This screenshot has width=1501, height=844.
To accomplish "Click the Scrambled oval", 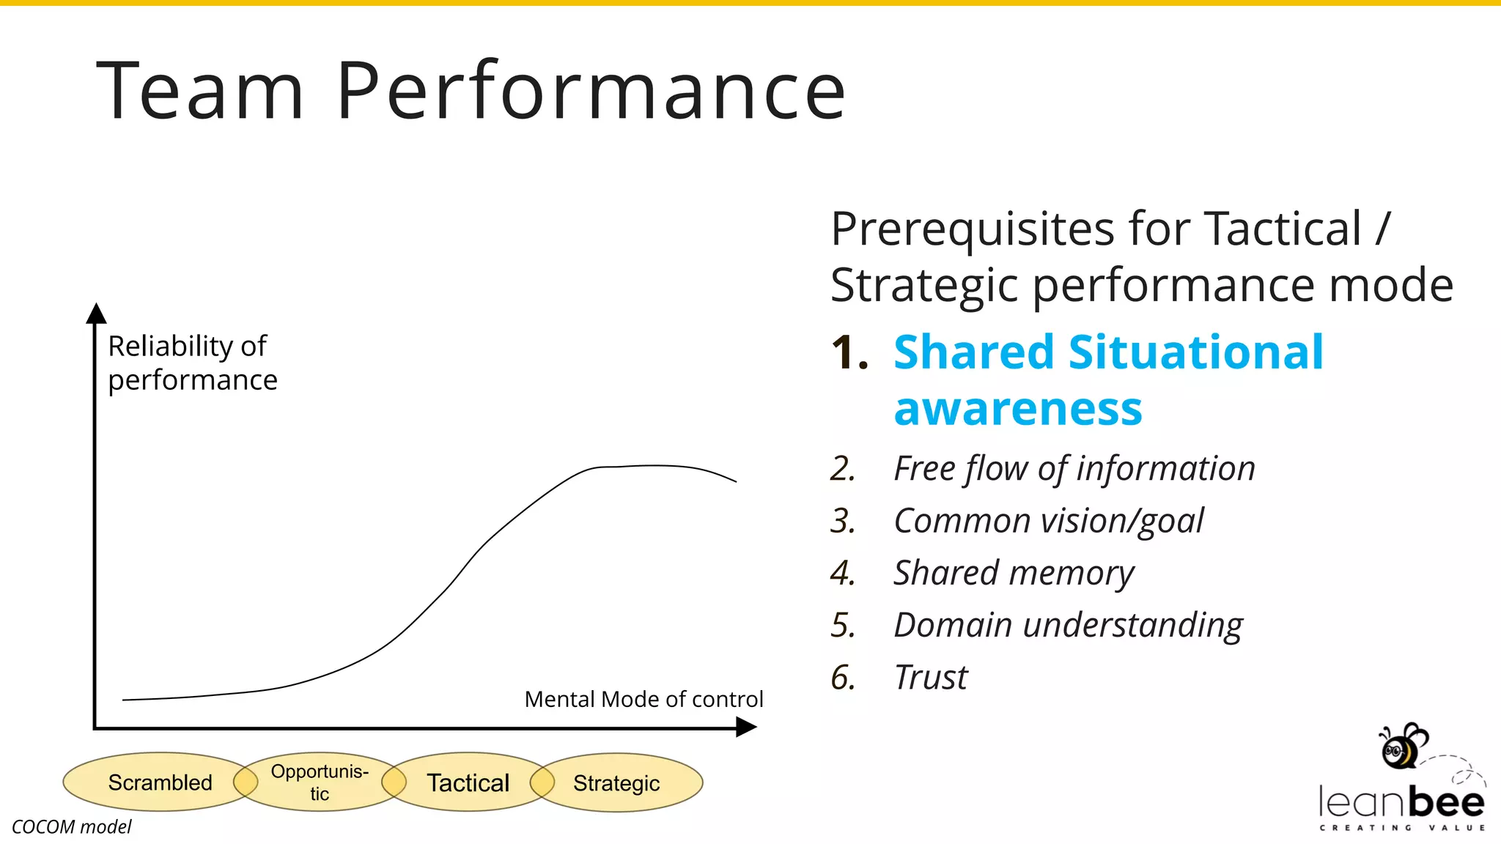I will [x=160, y=782].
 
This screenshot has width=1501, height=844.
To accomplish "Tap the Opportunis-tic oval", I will [x=320, y=782].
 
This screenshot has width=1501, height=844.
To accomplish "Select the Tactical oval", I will [x=468, y=782].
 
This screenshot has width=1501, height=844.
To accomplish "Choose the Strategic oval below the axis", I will [x=616, y=783].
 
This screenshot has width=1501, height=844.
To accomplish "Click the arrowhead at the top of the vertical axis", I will [x=96, y=313].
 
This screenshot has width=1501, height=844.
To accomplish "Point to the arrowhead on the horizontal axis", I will [x=746, y=728].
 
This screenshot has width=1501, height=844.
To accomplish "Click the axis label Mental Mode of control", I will [x=643, y=699].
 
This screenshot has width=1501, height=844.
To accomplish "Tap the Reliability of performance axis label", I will [x=192, y=363].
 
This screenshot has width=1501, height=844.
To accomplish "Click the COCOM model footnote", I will [x=72, y=826].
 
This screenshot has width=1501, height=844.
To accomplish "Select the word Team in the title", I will [x=200, y=91].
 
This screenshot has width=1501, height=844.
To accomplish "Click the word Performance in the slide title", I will [x=591, y=91].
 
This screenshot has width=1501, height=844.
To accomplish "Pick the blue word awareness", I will [x=1018, y=409].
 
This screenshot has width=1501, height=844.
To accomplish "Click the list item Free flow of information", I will [x=1074, y=468].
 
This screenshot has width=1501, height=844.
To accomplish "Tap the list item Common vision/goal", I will [x=1048, y=521].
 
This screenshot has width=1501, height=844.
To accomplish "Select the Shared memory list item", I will [x=1013, y=573].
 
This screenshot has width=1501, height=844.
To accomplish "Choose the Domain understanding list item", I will [x=1068, y=625].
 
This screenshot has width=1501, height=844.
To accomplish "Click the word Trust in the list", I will [x=931, y=677].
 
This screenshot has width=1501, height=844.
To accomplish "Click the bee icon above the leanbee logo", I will [x=1401, y=747].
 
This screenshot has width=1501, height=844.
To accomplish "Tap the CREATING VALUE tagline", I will [x=1402, y=828].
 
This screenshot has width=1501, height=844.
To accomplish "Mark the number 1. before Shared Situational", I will [x=849, y=353].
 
